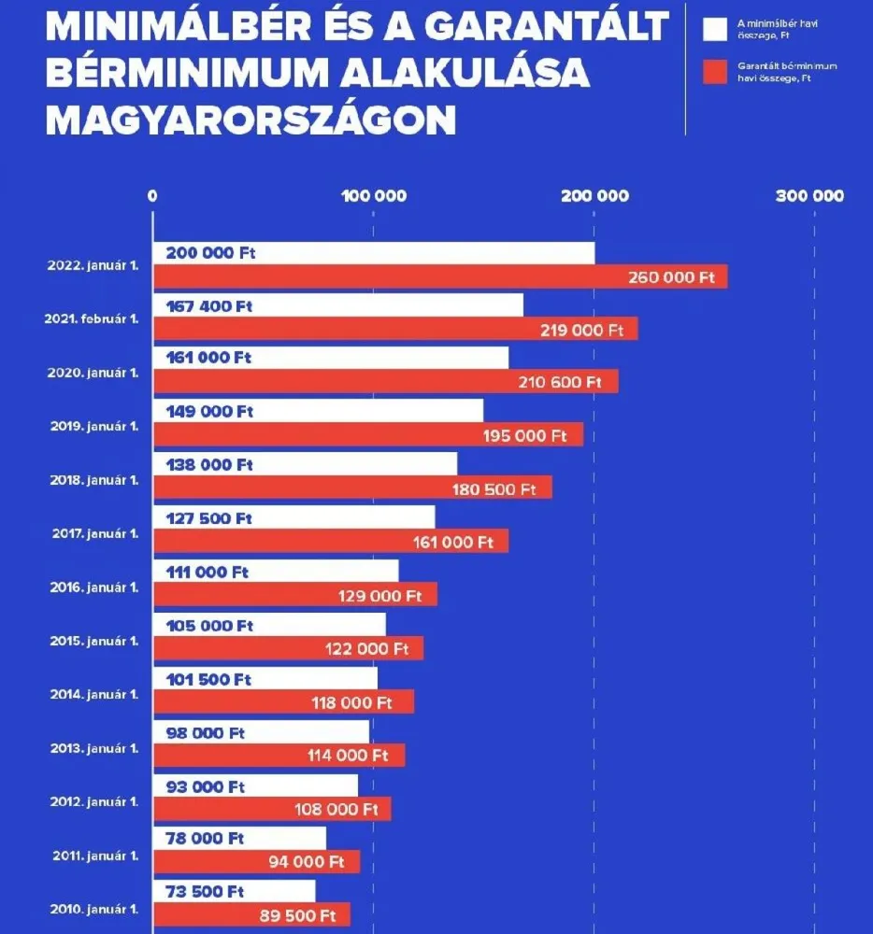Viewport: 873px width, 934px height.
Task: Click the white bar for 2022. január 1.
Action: [x=374, y=253]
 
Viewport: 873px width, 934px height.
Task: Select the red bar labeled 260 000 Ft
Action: [x=439, y=276]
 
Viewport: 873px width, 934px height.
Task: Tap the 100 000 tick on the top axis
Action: [x=373, y=196]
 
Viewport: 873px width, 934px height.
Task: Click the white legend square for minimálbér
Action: [x=715, y=29]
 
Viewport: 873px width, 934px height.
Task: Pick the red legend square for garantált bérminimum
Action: [x=715, y=72]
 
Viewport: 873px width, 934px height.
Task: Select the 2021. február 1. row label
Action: [x=92, y=318]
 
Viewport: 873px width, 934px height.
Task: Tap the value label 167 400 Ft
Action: [x=209, y=305]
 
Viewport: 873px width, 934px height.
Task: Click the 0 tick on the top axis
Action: [x=152, y=196]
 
